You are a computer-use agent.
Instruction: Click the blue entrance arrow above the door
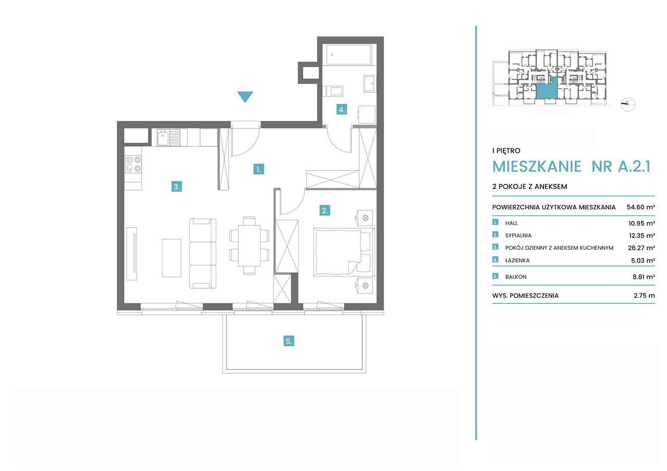[245, 96]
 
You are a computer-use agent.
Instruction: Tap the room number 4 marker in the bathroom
[341, 110]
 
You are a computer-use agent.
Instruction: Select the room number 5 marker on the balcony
[289, 341]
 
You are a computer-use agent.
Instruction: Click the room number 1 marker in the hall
[258, 170]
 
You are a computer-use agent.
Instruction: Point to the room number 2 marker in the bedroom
[325, 211]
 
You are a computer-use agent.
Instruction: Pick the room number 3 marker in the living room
[177, 187]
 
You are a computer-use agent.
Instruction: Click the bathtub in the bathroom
[349, 55]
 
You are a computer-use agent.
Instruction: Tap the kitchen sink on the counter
[168, 137]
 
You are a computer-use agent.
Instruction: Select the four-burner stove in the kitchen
[133, 164]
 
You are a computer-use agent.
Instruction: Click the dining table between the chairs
[249, 246]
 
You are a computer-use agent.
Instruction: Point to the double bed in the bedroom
[344, 252]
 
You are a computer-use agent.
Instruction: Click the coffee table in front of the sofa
[171, 258]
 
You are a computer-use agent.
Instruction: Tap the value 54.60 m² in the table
[641, 207]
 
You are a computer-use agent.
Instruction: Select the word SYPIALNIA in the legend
[518, 235]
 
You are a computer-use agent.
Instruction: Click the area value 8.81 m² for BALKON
[644, 277]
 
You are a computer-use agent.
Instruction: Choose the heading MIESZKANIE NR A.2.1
[572, 167]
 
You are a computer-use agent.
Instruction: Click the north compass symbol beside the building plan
[628, 104]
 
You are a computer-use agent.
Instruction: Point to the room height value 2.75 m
[644, 296]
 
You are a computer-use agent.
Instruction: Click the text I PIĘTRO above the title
[506, 150]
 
